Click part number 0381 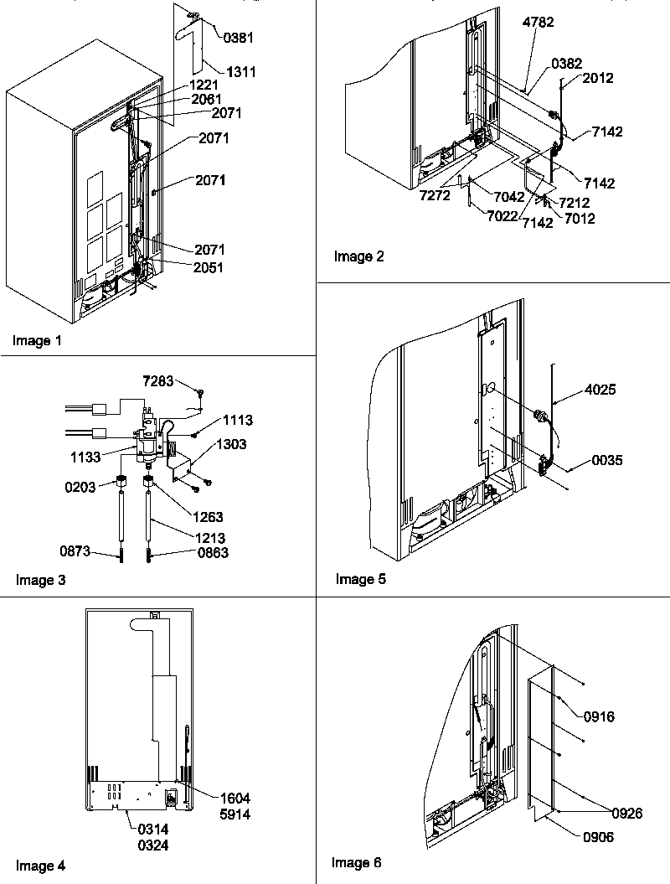(239, 37)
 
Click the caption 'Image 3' (41, 579)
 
